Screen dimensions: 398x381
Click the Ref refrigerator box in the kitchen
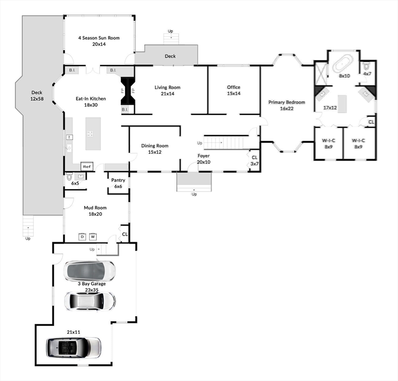[87, 167]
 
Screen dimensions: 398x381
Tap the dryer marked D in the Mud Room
[82, 237]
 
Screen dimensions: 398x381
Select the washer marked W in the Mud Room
[93, 237]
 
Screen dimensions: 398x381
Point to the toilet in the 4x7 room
[366, 66]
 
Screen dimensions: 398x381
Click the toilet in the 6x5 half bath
[69, 176]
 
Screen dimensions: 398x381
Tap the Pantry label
[118, 180]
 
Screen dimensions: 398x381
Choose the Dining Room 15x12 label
[155, 149]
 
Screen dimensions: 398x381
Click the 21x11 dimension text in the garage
[74, 332]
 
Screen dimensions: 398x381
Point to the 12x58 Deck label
[37, 96]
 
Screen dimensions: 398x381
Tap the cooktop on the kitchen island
[90, 133]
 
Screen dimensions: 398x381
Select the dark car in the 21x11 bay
[74, 348]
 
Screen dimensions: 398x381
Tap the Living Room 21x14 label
[168, 90]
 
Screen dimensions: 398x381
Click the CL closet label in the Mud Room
[125, 234]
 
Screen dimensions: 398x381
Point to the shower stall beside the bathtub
[321, 73]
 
